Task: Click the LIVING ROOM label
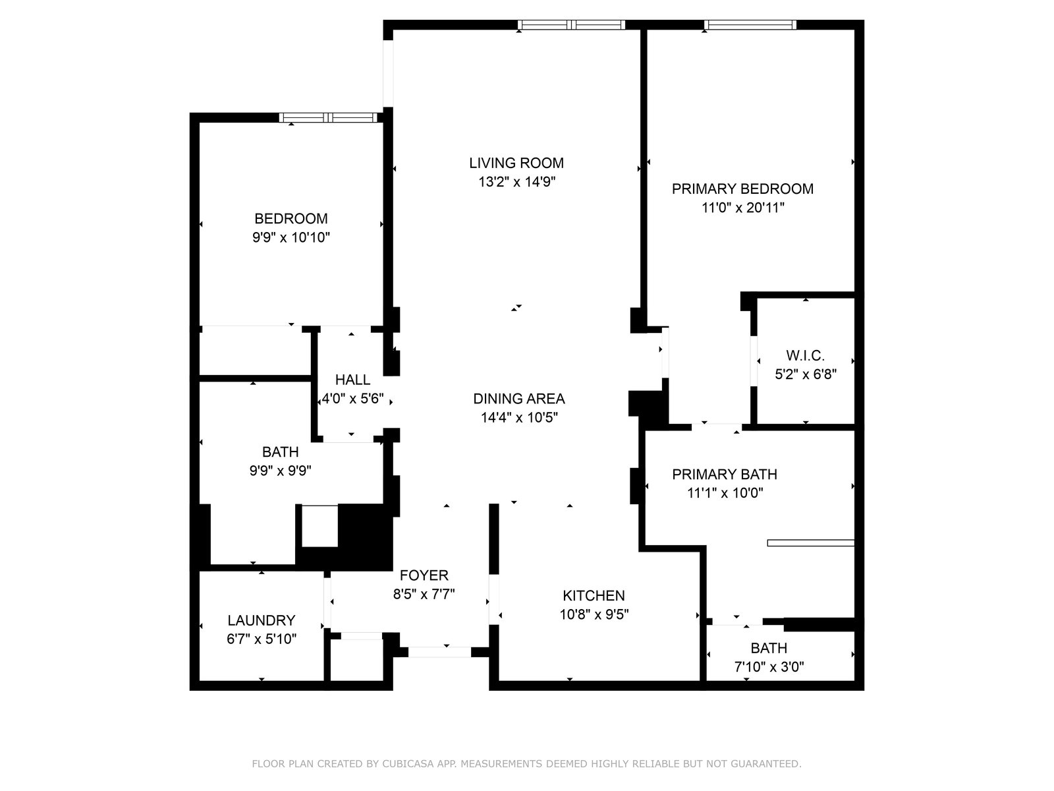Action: pos(516,163)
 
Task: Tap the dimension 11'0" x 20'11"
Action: pos(743,208)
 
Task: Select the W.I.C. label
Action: pos(805,356)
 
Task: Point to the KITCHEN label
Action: pos(594,595)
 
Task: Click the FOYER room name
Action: pos(424,575)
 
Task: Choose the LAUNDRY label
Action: pos(262,620)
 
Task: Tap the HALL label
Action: pos(352,380)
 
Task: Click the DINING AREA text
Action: pos(519,399)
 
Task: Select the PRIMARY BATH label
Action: pos(725,475)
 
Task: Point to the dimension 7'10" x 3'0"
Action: pos(769,666)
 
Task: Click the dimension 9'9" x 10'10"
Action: pos(291,237)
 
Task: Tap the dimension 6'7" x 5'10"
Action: pos(262,639)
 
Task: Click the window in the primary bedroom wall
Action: pos(750,25)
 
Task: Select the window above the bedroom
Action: pos(329,118)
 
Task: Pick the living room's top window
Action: pos(571,25)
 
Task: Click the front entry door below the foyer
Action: pos(439,652)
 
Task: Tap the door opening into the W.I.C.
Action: pos(754,361)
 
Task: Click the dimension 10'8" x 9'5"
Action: pos(594,614)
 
